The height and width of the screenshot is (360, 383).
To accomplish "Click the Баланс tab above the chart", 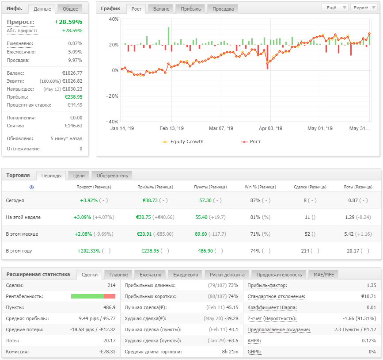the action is click(161, 9).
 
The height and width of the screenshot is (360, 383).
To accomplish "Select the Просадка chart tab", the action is click(223, 9).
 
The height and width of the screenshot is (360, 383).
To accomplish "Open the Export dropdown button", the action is click(364, 8).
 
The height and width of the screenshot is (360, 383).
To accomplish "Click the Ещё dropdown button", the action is click(334, 8).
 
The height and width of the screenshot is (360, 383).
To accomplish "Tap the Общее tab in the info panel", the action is click(70, 9).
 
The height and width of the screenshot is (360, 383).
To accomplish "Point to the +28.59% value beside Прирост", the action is click(68, 22).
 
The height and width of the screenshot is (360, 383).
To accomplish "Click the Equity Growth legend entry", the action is click(182, 142).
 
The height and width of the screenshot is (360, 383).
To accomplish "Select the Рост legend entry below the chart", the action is click(251, 142).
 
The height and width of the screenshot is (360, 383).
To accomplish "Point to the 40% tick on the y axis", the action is click(114, 19).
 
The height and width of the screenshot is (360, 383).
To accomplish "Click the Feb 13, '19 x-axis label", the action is click(171, 128).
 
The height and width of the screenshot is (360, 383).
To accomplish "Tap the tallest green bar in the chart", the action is click(168, 36).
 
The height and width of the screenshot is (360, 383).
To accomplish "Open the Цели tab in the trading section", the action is click(79, 176).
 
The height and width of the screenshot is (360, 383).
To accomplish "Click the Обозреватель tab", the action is click(112, 176).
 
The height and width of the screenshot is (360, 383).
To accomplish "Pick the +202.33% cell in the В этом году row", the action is click(89, 251).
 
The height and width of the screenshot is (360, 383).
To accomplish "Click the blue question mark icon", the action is click(31, 188).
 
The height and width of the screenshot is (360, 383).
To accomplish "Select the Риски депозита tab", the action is click(227, 275).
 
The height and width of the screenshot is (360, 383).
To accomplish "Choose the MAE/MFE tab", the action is click(324, 275).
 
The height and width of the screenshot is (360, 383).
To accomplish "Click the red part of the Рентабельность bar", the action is click(110, 296).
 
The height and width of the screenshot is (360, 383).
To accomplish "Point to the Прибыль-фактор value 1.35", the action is click(371, 285).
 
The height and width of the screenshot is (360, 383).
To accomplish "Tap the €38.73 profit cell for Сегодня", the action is click(150, 200).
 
